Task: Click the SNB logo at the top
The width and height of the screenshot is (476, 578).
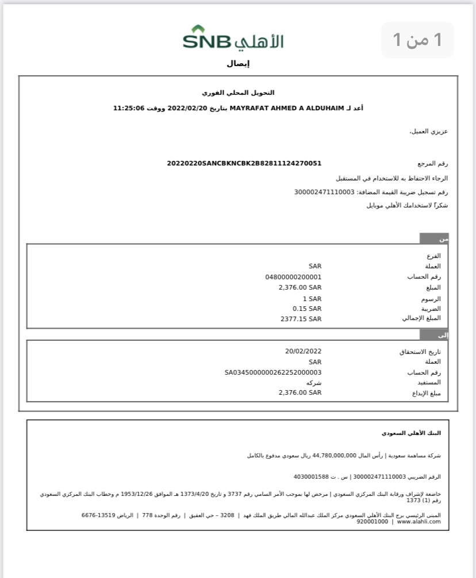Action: point(233,38)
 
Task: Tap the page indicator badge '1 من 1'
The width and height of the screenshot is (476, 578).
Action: point(417,40)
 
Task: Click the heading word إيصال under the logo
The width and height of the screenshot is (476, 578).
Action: point(238,64)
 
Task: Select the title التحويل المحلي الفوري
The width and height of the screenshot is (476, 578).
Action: point(238,93)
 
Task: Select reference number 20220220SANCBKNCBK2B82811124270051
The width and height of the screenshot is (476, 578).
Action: point(244,163)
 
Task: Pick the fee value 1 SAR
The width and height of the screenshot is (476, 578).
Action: point(312,299)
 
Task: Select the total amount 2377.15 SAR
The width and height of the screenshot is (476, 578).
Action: point(301,318)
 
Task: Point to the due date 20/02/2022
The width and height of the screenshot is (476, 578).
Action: point(303,351)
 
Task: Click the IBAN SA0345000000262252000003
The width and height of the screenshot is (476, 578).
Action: point(273,372)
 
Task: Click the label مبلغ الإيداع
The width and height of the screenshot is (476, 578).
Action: point(424,393)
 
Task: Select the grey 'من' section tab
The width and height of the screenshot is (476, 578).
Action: point(434,238)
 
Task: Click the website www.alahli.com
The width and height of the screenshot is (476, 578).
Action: point(419,521)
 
